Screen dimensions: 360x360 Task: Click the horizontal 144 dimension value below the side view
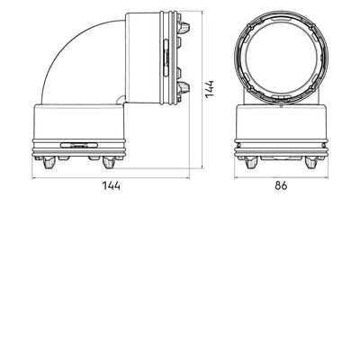[x=112, y=185]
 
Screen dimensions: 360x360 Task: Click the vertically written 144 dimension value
[x=210, y=88]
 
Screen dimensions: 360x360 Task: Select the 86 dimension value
[x=281, y=185]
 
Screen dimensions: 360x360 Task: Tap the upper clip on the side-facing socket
[x=184, y=27]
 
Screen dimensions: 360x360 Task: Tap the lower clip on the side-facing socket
[x=184, y=87]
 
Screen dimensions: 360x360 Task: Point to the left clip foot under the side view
[x=49, y=162]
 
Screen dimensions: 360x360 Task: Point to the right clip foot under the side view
[x=109, y=162]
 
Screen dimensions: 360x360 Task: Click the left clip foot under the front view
[x=251, y=162]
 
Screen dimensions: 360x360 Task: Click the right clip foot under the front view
[x=310, y=162]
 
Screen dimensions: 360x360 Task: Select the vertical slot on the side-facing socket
[x=166, y=58]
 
